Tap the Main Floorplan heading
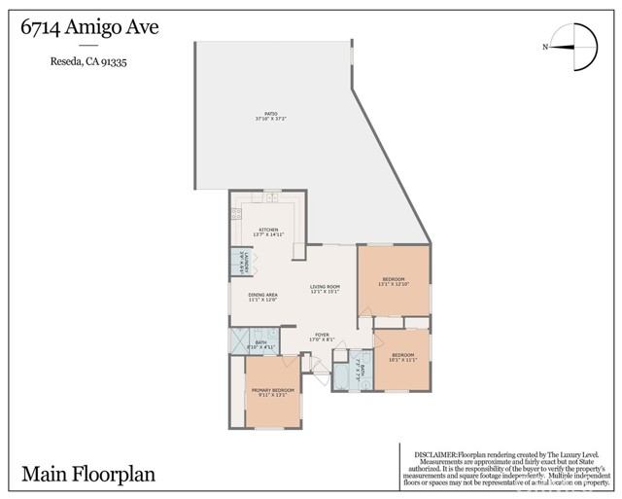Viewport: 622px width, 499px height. (x=88, y=475)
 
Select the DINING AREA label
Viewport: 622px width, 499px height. (x=262, y=297)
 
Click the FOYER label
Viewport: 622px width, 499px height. (x=321, y=337)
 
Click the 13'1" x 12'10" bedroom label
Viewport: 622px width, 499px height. (x=393, y=281)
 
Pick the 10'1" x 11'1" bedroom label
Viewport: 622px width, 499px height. (x=402, y=357)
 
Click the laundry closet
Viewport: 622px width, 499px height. (x=235, y=262)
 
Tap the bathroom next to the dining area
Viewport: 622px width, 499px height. (x=258, y=343)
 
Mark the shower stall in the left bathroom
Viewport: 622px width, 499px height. (x=237, y=341)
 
